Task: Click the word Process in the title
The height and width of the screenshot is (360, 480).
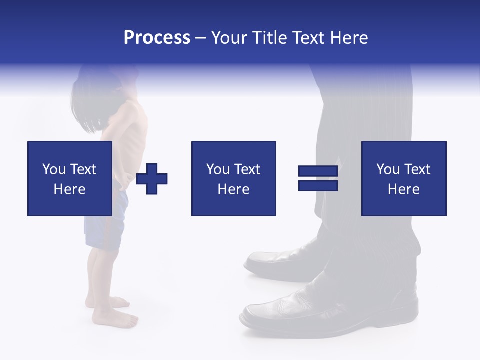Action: (x=157, y=38)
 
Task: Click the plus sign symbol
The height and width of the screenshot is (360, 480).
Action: (x=152, y=179)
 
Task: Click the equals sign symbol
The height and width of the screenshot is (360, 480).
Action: (x=318, y=179)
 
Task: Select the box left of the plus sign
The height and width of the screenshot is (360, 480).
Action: (x=70, y=178)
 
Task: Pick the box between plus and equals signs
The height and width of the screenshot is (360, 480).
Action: (x=233, y=178)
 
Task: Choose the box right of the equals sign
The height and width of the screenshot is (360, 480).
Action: (x=403, y=178)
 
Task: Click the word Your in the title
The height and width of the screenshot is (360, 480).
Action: (x=229, y=38)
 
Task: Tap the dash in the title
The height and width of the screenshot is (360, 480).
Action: (x=200, y=38)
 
